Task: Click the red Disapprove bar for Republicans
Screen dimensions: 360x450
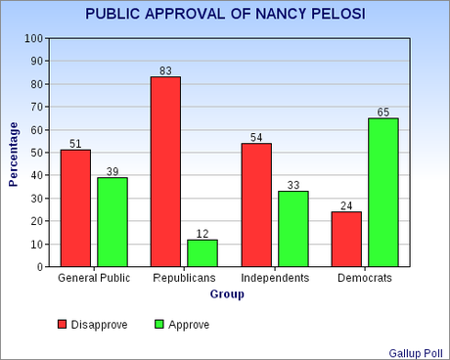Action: (165, 171)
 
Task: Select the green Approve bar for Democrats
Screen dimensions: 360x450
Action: (382, 192)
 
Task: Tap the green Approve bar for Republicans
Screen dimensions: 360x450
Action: (202, 252)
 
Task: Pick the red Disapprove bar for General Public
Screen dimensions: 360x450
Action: (75, 207)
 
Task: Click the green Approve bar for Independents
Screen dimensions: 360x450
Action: (292, 228)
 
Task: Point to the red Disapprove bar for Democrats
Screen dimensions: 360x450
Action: (346, 239)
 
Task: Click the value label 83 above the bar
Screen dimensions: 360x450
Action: (165, 69)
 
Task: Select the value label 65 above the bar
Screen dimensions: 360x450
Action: (382, 111)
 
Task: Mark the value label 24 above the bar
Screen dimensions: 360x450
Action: (346, 204)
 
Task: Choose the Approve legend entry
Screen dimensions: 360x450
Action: (181, 324)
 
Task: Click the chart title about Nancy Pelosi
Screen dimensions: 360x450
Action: (224, 15)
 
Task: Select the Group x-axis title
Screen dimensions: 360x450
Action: (226, 294)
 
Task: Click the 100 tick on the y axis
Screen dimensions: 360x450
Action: (34, 39)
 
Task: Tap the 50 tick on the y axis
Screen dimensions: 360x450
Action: (37, 153)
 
